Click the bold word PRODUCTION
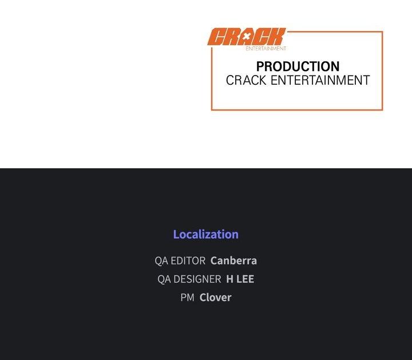coord(298,66)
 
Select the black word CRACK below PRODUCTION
coord(246,80)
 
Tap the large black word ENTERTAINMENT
coord(320,80)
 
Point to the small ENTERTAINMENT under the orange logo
coord(266,48)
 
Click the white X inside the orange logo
coord(246,37)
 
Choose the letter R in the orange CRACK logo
coord(231,37)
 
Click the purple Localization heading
coord(206,234)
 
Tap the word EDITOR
coord(188,260)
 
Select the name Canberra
coord(233,260)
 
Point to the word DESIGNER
coord(197,279)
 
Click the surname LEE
coord(245,279)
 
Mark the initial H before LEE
coord(229,279)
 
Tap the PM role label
coord(187,298)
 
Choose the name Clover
coord(216,298)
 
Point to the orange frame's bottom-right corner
coord(382,109)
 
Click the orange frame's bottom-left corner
coord(212,109)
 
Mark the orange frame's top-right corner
coord(382,32)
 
